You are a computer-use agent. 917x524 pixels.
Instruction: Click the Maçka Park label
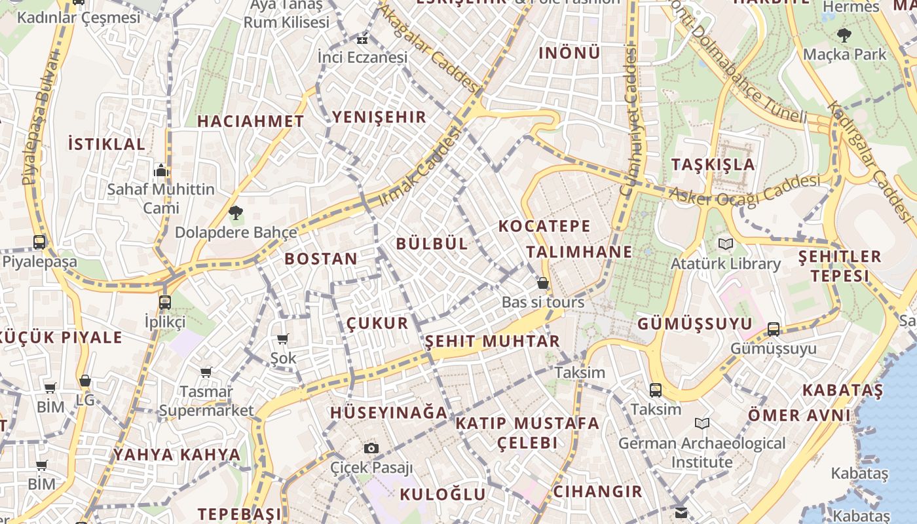[845, 54]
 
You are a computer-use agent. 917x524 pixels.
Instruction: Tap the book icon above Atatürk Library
[726, 244]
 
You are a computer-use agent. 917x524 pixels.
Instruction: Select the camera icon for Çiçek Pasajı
[371, 449]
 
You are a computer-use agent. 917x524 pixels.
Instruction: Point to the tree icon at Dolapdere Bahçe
[235, 212]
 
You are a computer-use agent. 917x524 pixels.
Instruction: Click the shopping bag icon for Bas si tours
[543, 283]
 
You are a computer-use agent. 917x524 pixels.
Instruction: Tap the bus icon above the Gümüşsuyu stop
[774, 329]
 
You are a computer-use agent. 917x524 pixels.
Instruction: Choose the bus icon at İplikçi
[165, 303]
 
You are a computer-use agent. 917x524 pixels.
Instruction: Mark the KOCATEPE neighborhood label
[544, 227]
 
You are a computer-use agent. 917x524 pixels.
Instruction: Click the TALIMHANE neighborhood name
[579, 252]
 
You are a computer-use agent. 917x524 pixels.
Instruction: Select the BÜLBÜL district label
[432, 244]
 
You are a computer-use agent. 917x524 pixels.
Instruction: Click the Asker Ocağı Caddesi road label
[744, 191]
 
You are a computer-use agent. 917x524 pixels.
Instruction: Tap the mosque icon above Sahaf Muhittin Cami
[161, 171]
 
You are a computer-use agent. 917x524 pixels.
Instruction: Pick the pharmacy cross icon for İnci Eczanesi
[362, 39]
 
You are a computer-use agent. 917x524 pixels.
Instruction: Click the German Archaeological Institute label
[702, 453]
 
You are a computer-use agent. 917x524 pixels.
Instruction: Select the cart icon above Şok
[283, 339]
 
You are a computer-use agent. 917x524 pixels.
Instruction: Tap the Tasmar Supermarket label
[206, 401]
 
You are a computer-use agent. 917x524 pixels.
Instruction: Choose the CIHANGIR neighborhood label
[597, 491]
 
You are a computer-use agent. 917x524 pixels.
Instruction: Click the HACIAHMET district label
[251, 121]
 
